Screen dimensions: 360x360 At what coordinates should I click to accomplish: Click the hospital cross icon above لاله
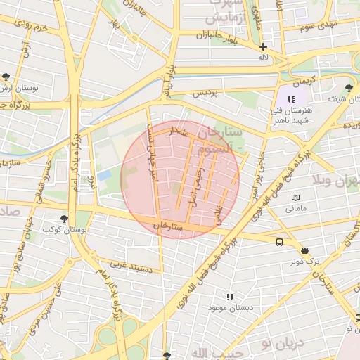coord(263,46)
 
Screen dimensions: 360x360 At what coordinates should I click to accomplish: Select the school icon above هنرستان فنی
coord(291,99)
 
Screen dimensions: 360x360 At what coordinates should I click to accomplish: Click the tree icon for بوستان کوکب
coord(65,218)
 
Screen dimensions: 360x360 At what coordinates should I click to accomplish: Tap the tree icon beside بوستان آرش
coord(6,77)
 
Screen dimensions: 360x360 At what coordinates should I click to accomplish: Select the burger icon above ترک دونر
coord(305,250)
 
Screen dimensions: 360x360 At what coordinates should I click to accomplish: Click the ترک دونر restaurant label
coord(305,261)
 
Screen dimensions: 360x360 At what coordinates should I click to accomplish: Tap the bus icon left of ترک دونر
coord(280,243)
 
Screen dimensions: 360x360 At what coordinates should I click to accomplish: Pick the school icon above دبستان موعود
coord(229,297)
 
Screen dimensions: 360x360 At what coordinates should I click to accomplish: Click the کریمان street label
coord(301,82)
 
